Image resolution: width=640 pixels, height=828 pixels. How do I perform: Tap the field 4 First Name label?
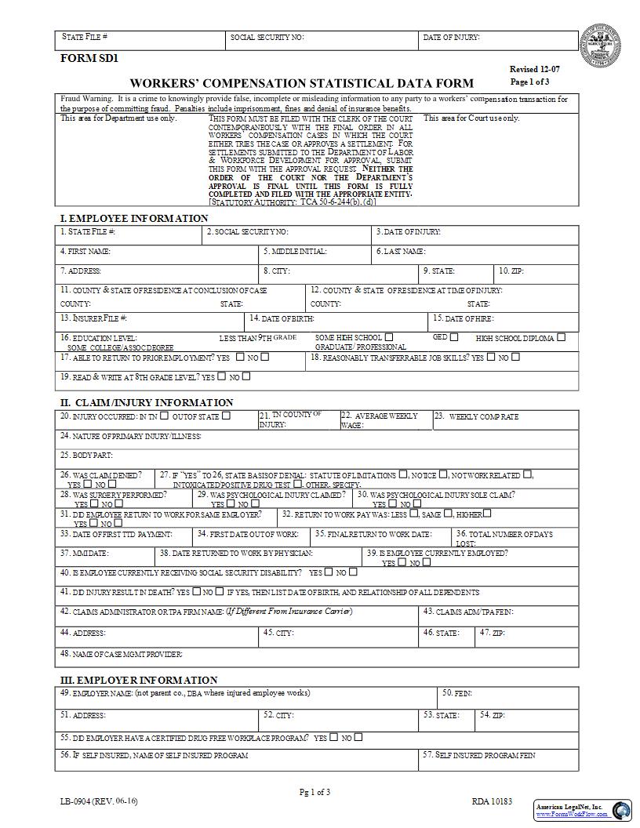[x=85, y=252]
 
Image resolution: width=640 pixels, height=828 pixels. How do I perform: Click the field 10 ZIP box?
[x=537, y=272]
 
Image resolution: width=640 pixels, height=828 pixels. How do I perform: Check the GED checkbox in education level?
[x=454, y=337]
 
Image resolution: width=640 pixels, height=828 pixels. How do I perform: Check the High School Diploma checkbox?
[x=561, y=338]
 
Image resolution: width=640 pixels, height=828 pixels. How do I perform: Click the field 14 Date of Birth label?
[x=282, y=318]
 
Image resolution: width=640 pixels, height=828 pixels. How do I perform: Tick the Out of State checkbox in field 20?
[x=226, y=416]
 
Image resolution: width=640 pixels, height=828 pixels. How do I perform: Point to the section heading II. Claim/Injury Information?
[x=147, y=402]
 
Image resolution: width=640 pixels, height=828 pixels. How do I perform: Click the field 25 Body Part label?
[x=87, y=455]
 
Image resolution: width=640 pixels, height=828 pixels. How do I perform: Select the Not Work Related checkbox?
[x=528, y=474]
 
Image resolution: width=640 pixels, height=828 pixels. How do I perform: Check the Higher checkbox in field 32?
[x=487, y=514]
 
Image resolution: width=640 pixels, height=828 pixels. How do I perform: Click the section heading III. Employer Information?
[x=139, y=680]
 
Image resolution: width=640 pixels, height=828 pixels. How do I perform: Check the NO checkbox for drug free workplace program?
[x=358, y=737]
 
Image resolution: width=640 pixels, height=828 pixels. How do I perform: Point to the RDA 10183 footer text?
[x=492, y=801]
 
